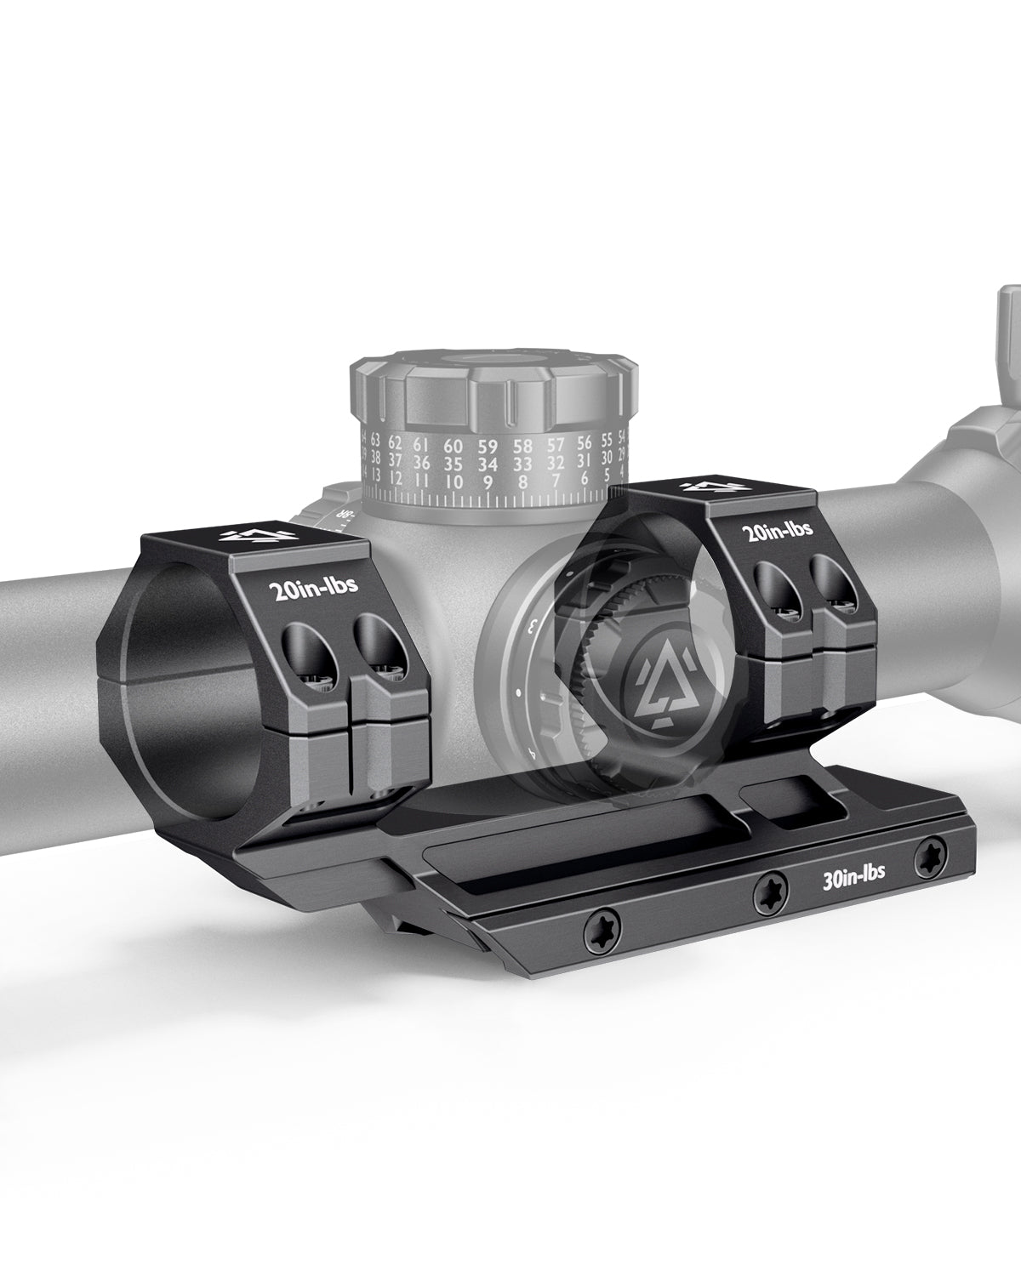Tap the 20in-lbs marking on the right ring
(x=778, y=530)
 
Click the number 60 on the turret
(x=453, y=445)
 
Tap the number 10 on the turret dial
(x=453, y=482)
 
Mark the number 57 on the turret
(x=556, y=443)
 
